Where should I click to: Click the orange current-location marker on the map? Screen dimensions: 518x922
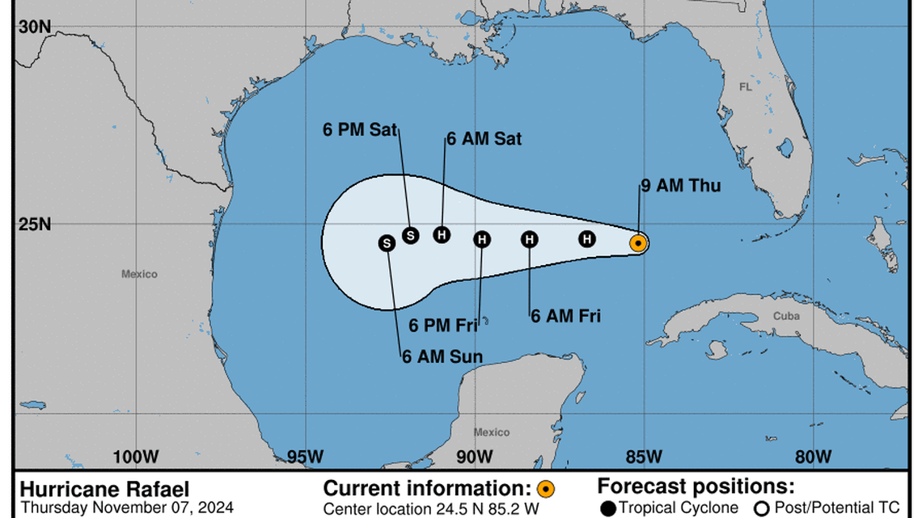coord(638,242)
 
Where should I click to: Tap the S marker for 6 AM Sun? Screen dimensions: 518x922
coord(387,242)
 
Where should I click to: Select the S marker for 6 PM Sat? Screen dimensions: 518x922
coord(410,235)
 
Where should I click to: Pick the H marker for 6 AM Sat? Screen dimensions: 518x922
coord(441,234)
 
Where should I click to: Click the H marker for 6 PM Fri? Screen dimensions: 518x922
coord(482,239)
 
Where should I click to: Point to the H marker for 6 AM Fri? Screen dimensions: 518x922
coord(529,239)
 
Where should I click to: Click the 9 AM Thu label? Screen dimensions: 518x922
coord(680,187)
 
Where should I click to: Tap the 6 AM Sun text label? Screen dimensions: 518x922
coord(442,357)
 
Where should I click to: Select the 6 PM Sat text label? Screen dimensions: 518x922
coord(360,129)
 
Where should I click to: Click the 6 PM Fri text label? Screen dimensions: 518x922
coord(443,326)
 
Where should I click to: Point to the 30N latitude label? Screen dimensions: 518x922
coord(35,27)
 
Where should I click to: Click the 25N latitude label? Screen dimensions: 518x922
coord(35,224)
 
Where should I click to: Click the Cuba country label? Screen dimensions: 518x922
coord(785,316)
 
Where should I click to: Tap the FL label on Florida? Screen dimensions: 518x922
coord(745,86)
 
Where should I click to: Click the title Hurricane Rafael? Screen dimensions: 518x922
coord(104,490)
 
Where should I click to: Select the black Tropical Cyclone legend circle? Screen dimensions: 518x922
coord(609,508)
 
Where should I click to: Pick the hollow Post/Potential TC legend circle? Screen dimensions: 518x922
coord(761,508)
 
